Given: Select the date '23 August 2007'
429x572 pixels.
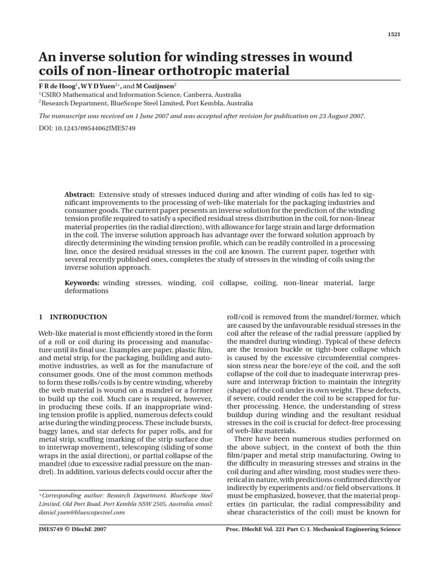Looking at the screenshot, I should (340, 116).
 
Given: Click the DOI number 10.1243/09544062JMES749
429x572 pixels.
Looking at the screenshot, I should (96, 128).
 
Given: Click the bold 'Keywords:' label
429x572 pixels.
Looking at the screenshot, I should (82, 283).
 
